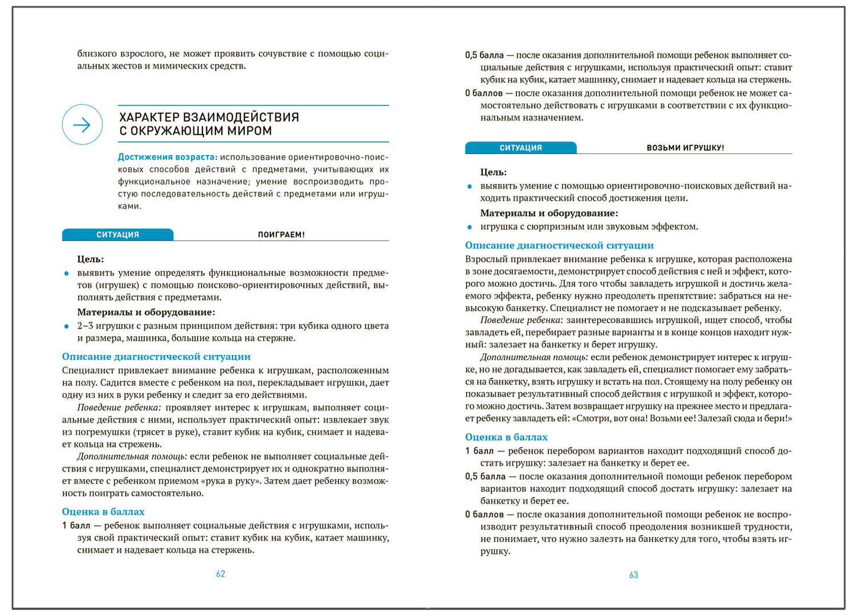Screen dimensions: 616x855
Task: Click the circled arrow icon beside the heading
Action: tap(82, 124)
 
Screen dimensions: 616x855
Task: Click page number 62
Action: tap(220, 573)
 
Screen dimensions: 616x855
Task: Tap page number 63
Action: tap(633, 575)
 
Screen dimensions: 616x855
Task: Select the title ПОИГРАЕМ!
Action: tap(281, 235)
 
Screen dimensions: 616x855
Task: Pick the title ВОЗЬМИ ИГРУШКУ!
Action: tap(685, 148)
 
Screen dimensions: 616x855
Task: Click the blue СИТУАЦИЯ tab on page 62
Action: tap(118, 235)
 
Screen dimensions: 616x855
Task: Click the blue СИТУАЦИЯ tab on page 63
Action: tap(521, 148)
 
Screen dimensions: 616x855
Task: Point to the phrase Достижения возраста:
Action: tap(167, 157)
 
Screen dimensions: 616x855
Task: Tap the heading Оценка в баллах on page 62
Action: tap(103, 511)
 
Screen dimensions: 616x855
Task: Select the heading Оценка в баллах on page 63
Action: tap(506, 437)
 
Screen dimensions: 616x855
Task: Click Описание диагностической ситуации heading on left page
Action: tap(156, 356)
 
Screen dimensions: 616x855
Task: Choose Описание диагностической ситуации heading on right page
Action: tap(559, 245)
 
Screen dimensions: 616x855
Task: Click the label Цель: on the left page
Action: tap(91, 259)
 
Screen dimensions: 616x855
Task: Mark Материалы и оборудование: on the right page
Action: tap(549, 213)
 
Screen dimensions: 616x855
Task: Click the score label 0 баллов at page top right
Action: tap(483, 93)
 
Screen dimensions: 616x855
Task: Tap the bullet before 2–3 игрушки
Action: tap(66, 326)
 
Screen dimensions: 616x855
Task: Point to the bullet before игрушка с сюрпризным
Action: tap(470, 227)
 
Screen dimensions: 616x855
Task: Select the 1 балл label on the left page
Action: tap(76, 525)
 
